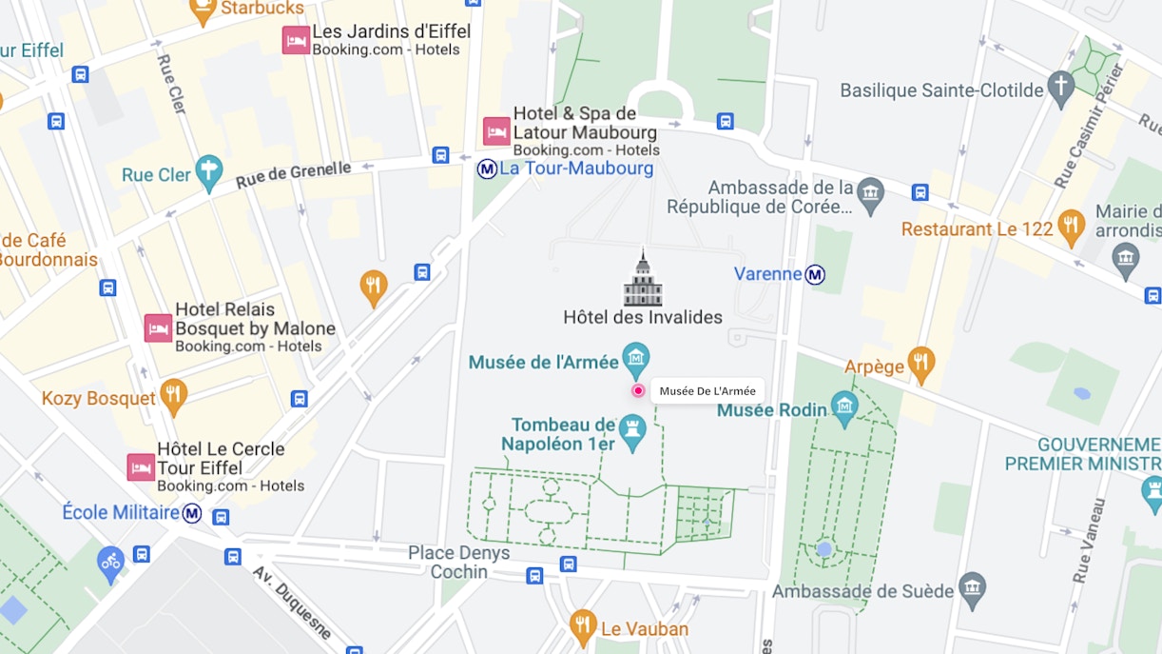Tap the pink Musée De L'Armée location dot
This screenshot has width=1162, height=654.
point(638,390)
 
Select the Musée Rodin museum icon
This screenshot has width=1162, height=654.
point(844,406)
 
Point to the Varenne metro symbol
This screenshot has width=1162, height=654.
point(815,275)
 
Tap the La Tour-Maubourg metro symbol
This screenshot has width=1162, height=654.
point(487,169)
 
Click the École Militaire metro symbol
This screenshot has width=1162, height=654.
point(192,513)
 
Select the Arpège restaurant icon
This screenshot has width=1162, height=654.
point(920,362)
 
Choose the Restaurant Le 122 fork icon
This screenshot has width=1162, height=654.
point(1071,226)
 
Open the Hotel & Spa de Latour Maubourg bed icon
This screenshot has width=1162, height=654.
point(496,131)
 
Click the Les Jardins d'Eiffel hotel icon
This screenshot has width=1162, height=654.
point(296,40)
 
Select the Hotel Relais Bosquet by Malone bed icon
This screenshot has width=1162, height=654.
point(158,328)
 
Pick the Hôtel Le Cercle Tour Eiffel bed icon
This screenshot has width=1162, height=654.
point(141,467)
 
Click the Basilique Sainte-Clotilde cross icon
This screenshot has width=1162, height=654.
point(1060,87)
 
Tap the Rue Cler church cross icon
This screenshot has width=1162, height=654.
point(208,172)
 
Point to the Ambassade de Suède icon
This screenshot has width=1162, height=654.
point(972,588)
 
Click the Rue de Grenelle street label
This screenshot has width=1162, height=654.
point(293,173)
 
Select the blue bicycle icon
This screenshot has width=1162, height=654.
point(110,562)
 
